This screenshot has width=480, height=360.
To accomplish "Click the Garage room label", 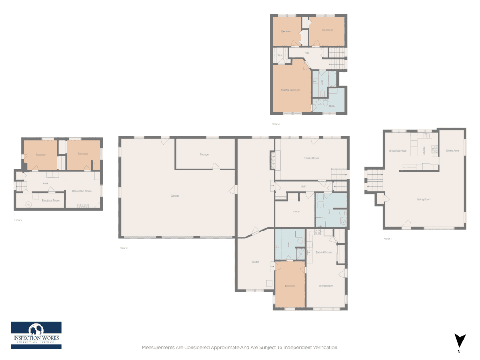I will tap(175, 196).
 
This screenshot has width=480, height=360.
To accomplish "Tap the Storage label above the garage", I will tap(204, 154).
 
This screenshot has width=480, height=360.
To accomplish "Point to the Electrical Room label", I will tap(50, 200).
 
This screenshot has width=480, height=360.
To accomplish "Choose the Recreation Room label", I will tap(82, 191).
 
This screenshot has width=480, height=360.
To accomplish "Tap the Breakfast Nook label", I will tap(398, 151).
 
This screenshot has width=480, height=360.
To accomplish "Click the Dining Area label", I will tap(453, 151).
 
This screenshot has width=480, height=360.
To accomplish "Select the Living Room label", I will tap(424, 199).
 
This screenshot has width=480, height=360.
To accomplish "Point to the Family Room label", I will tap(312, 158).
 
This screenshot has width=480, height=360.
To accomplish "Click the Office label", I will tap(296, 211).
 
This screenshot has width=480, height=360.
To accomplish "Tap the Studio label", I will tap(255, 262).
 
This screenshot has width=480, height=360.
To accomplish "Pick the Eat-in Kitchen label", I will tap(323, 252).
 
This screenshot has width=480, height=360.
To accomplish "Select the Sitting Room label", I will tap(325, 286).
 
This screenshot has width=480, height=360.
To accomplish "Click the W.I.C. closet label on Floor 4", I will tap(280, 56).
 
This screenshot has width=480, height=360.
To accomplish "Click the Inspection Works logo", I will tap(36, 335).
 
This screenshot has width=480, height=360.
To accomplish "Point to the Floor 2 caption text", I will tap(123, 248).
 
